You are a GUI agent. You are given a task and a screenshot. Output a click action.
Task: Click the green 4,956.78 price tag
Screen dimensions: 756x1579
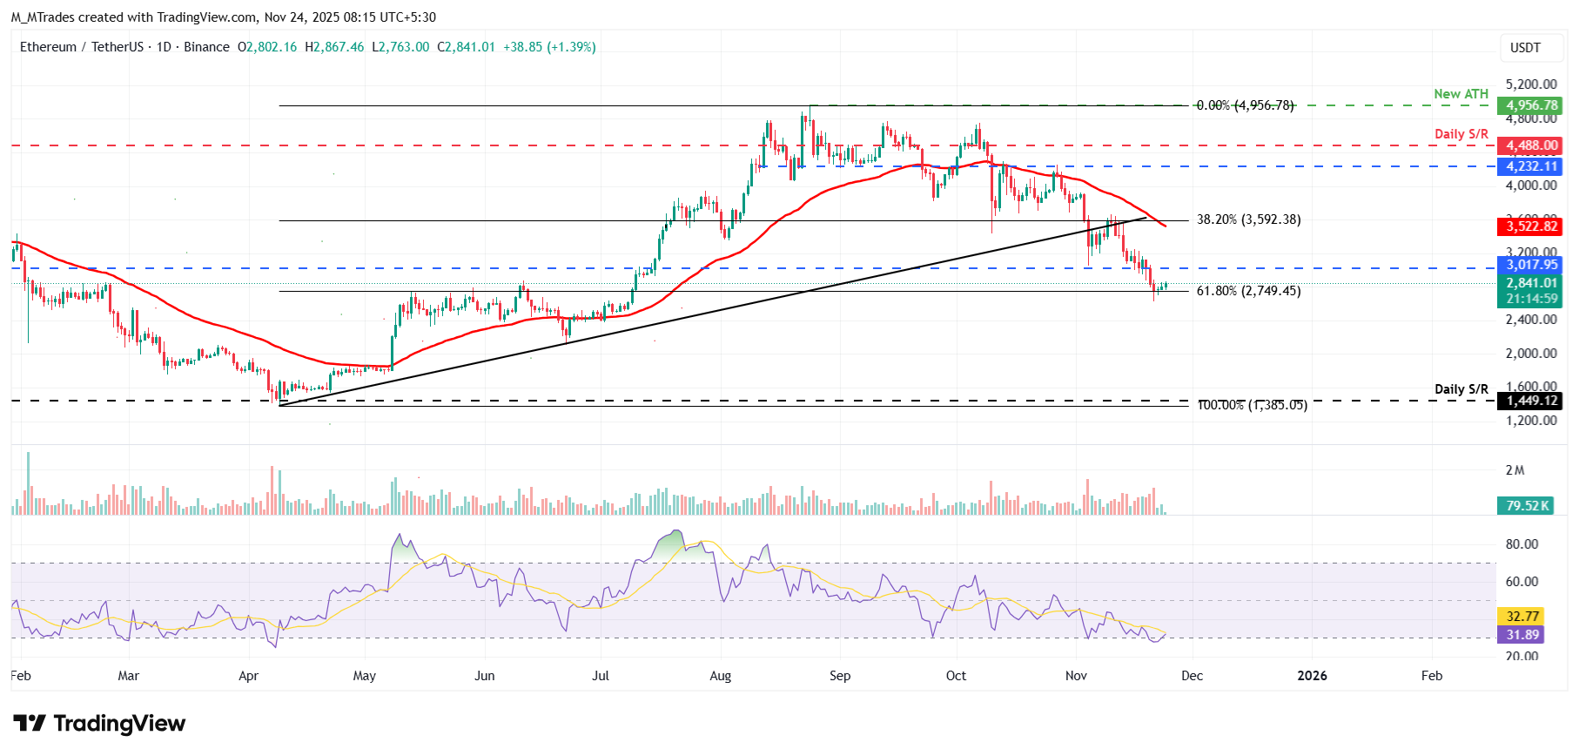[x=1532, y=105]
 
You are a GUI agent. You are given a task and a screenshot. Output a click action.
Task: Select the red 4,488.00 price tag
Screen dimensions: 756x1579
[x=1532, y=145]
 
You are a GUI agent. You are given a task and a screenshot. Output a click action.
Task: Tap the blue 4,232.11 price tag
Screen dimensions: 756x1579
[x=1532, y=166]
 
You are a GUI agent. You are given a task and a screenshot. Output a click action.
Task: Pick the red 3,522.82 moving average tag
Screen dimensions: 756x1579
[x=1532, y=226]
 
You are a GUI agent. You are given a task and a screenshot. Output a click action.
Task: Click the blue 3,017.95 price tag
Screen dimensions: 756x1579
[x=1532, y=265]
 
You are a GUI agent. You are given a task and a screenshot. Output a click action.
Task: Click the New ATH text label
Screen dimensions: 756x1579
[x=1461, y=94]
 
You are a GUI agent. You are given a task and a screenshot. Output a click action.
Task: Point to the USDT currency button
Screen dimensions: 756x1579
[x=1525, y=48]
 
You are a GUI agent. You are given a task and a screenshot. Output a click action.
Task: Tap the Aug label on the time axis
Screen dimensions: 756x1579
[x=720, y=676]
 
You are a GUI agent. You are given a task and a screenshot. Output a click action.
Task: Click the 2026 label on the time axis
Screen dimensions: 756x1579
[x=1312, y=676]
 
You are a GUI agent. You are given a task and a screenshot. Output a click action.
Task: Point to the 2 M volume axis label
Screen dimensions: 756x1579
[x=1515, y=470]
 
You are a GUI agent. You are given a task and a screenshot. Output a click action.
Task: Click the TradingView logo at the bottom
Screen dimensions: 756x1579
[x=99, y=724]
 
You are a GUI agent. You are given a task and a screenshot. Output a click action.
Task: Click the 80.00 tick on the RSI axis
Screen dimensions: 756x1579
[x=1522, y=544]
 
